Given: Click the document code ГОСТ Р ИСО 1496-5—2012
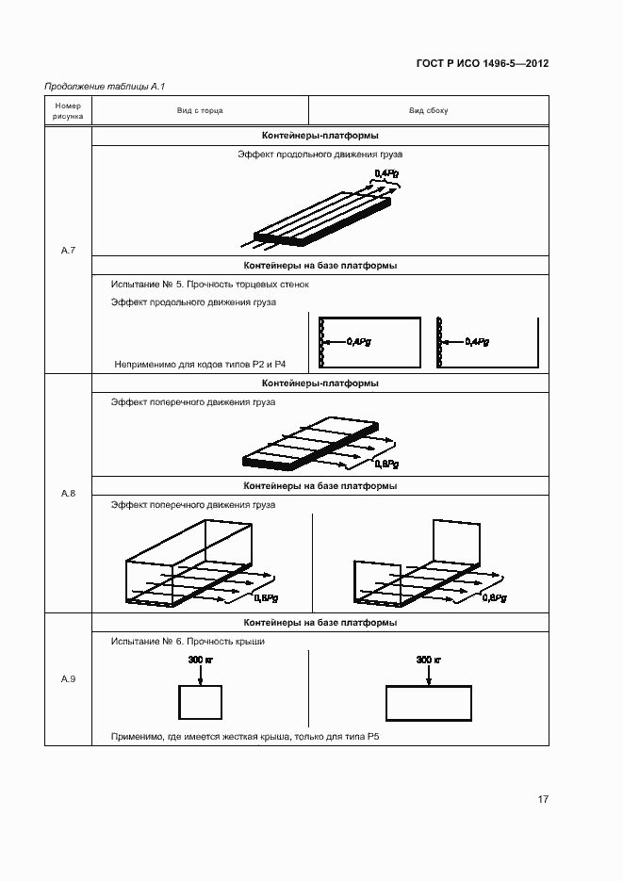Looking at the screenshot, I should pyautogui.click(x=483, y=64).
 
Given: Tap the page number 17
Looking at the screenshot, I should pyautogui.click(x=543, y=799).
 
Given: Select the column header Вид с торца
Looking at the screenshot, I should pyautogui.click(x=200, y=110).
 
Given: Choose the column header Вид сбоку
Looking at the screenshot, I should pyautogui.click(x=428, y=110).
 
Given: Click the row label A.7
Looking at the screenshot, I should pyautogui.click(x=68, y=250).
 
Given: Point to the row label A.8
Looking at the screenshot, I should pyautogui.click(x=68, y=494).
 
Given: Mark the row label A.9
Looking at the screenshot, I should pyautogui.click(x=68, y=678).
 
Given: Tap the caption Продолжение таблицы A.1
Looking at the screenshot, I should pyautogui.click(x=105, y=87).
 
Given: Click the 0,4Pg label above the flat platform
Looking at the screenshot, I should pyautogui.click(x=386, y=173).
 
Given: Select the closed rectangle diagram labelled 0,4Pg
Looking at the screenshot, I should pyautogui.click(x=369, y=341).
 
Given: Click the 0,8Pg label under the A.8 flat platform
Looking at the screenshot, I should pyautogui.click(x=386, y=464).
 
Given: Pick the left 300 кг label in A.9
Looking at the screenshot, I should pyautogui.click(x=201, y=660).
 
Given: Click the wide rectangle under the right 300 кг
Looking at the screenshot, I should pyautogui.click(x=429, y=703).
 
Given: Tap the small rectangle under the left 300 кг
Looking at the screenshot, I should pyautogui.click(x=200, y=703).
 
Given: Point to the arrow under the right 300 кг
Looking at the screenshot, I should pyautogui.click(x=429, y=675).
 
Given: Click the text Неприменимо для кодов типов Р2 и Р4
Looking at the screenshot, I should pyautogui.click(x=200, y=363).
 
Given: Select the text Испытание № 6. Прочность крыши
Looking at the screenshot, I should pyautogui.click(x=188, y=642).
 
